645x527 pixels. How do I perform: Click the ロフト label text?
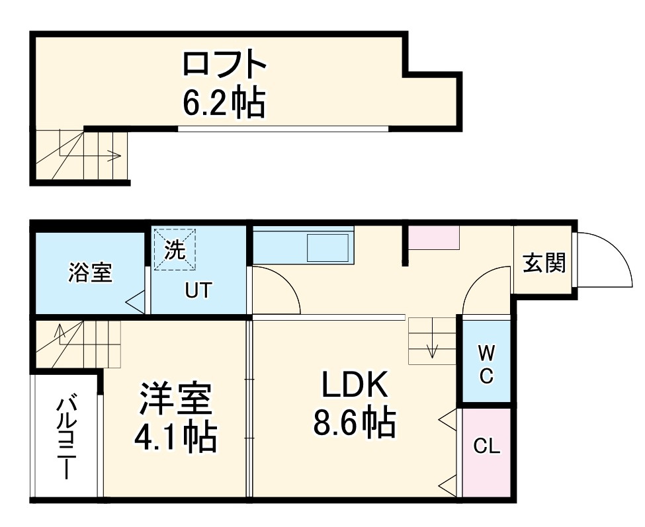(224, 65)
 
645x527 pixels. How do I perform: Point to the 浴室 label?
(90, 272)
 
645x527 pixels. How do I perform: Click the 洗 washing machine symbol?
(175, 249)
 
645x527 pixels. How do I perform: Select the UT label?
(198, 290)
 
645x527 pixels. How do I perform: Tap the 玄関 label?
(544, 263)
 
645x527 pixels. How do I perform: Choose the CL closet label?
(486, 446)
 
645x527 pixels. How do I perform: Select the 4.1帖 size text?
(175, 436)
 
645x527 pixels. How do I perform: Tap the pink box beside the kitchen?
(433, 237)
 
